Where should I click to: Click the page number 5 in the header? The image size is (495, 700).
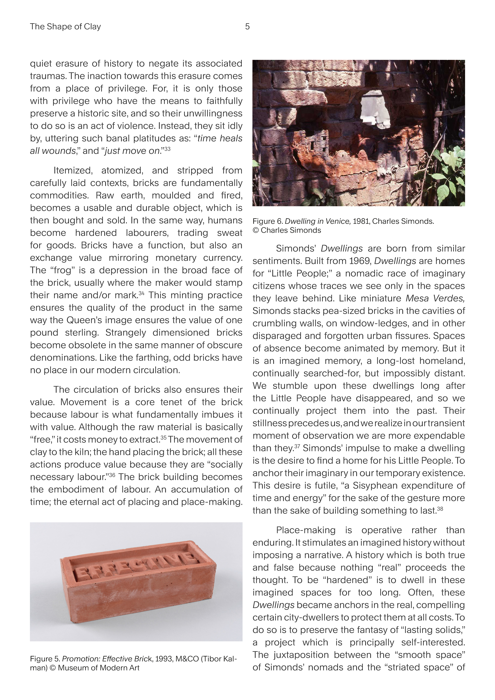247,27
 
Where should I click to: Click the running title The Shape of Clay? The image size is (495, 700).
65,27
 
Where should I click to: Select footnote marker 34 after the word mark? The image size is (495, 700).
141,293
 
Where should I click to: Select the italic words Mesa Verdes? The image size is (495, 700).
435,299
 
